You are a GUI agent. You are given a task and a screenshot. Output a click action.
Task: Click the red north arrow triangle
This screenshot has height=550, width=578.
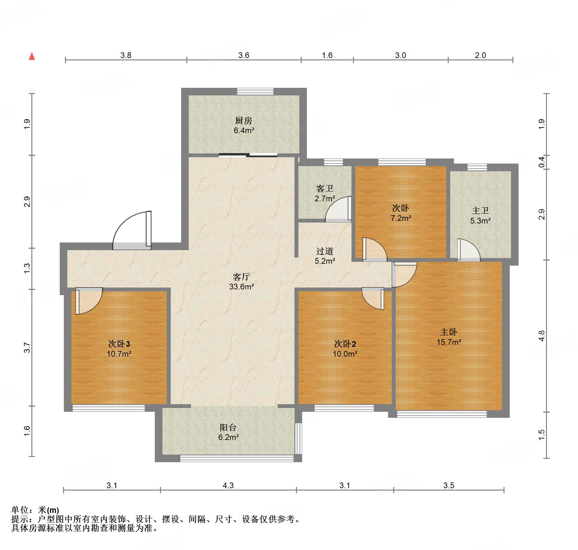point(32,56)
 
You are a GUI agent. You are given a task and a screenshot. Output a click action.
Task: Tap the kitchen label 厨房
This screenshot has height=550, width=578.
point(243,120)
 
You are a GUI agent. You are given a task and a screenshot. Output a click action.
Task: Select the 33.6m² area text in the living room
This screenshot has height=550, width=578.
point(241,287)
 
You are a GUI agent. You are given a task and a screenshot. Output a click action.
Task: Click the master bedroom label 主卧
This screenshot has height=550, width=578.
point(448,332)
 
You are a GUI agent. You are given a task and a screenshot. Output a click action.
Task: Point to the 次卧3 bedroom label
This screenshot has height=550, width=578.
point(119,344)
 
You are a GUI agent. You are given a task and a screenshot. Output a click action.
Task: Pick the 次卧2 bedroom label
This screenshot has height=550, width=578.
point(345,344)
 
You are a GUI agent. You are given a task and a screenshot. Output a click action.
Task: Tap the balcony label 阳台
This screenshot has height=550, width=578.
point(228,427)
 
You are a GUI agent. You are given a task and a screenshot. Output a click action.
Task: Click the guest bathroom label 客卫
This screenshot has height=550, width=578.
point(325,189)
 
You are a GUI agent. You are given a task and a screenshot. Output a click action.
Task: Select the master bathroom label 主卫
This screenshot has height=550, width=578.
point(480,210)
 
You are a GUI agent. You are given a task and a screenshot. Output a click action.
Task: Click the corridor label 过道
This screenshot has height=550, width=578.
point(325,251)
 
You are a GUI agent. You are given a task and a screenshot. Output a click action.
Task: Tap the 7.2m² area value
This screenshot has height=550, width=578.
point(401,218)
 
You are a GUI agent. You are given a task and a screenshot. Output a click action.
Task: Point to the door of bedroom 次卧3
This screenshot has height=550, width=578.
point(89,301)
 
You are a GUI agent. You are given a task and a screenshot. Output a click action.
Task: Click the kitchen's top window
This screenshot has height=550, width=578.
point(255,91)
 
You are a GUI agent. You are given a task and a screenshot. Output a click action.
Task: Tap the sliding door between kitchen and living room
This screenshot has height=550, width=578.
point(248,155)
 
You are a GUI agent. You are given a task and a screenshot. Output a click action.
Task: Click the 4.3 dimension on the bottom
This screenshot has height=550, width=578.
point(228,485)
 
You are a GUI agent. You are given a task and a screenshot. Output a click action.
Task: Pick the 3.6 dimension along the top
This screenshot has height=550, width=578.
point(244,55)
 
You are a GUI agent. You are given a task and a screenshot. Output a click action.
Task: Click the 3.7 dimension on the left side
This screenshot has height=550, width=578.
point(28,347)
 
